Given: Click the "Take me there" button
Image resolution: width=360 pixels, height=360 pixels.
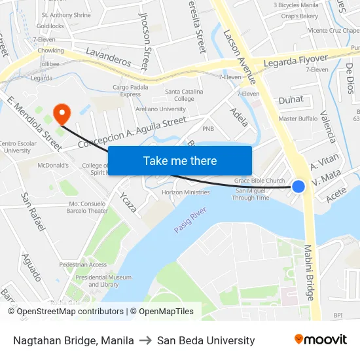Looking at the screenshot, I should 179,161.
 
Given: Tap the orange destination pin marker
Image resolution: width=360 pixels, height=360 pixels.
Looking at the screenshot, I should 63,113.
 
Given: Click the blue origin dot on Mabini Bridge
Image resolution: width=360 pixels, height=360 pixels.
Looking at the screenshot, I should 298,187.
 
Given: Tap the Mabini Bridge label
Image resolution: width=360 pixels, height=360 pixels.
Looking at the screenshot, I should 309,272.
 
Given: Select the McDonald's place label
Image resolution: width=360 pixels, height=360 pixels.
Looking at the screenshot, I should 54,166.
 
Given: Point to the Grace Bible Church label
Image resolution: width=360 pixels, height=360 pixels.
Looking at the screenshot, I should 260,181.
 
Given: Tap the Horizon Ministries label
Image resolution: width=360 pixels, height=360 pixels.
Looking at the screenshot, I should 185,192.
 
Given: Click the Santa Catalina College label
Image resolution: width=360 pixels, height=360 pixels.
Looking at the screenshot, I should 184,95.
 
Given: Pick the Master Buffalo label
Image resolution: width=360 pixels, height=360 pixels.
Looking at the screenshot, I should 298,118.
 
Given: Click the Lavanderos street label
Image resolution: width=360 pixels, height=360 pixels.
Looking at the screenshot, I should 108,58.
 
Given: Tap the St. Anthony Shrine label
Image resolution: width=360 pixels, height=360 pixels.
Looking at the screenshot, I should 66,14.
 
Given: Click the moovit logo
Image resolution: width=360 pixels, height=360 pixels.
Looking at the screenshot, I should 321,339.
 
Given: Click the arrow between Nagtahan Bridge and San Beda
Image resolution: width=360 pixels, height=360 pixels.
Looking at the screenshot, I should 145,340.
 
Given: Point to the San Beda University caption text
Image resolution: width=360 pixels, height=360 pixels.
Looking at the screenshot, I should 206,340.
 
